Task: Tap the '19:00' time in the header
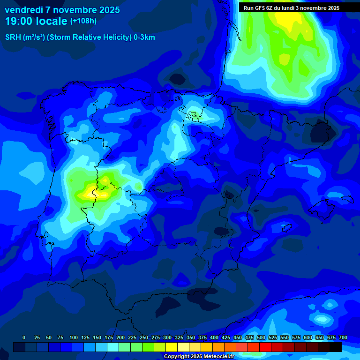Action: pyautogui.click(x=19, y=21)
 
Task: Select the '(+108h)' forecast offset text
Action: pyautogui.click(x=83, y=21)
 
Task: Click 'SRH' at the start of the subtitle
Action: pyautogui.click(x=13, y=37)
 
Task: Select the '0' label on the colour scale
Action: pyautogui.click(x=24, y=337)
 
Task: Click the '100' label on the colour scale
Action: pyautogui.click(x=73, y=337)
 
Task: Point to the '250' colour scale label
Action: pyautogui.click(x=143, y=337)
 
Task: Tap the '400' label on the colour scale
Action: pyautogui.click(x=214, y=337)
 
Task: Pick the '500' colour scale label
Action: pyautogui.click(x=261, y=337)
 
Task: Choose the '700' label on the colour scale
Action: pyautogui.click(x=343, y=337)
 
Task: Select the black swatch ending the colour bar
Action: pyautogui.click(x=336, y=347)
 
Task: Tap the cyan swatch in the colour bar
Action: pyautogui.click(x=113, y=347)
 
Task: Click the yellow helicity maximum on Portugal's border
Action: pyautogui.click(x=90, y=192)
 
